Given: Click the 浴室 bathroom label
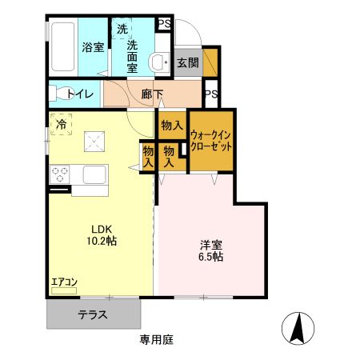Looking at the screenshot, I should [x=93, y=47].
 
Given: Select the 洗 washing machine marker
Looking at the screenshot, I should [x=122, y=30].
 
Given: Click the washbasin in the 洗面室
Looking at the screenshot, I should [x=160, y=60].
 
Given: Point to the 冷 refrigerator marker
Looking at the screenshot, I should [x=61, y=123].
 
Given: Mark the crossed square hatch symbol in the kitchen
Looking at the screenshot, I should [x=95, y=142].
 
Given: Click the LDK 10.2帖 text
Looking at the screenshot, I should [x=101, y=234].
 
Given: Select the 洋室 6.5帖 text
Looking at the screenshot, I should [x=210, y=250].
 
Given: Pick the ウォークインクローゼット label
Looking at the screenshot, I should [x=211, y=142].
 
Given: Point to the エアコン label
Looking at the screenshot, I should [x=64, y=282].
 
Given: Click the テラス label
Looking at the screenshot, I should [x=93, y=314].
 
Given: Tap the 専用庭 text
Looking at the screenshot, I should [x=157, y=339].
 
